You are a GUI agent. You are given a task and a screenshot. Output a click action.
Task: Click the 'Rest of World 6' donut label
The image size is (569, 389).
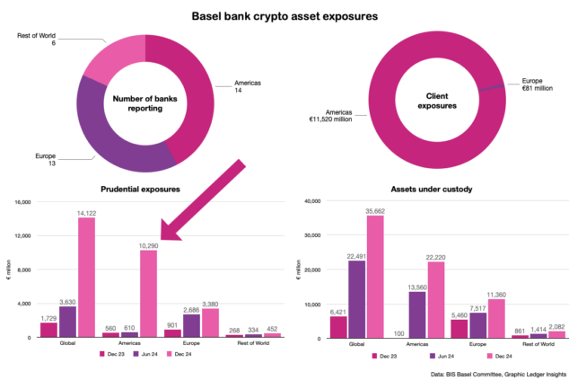(35, 40)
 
